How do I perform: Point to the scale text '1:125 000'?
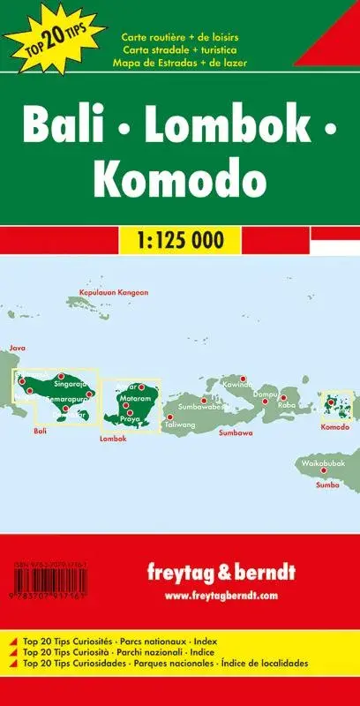click(180, 238)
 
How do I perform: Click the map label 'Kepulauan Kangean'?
click(114, 292)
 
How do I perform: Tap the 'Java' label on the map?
click(18, 348)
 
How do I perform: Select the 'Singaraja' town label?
click(70, 385)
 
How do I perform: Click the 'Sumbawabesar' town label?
click(202, 406)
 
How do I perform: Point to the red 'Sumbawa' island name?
click(236, 433)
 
